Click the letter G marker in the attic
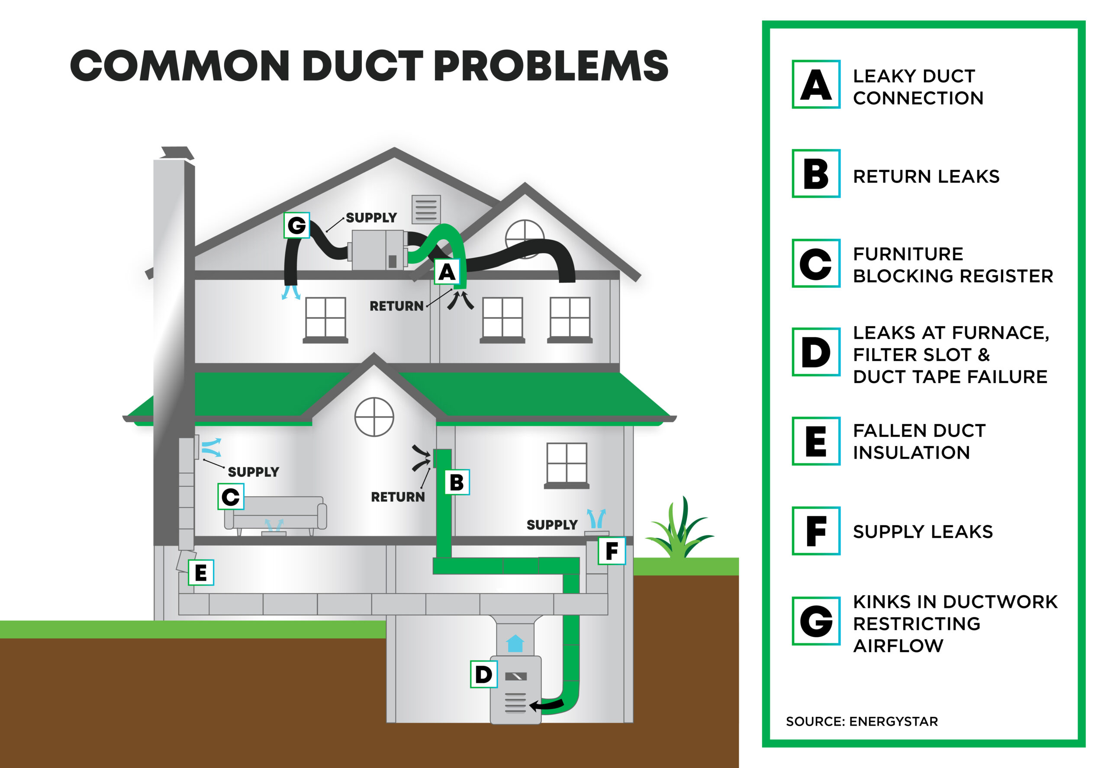point(296,225)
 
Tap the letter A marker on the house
point(447,272)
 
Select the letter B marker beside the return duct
point(456,482)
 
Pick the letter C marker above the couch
point(231,496)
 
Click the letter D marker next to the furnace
point(483,674)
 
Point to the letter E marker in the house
point(200,572)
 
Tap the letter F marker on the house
point(611,551)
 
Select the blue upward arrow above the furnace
point(515,643)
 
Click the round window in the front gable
point(374,417)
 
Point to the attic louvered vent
point(426,209)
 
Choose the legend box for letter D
point(816,352)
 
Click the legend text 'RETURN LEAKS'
point(926,177)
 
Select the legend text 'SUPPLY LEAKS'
point(922,531)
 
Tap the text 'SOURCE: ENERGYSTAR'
point(862,721)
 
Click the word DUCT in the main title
point(362,66)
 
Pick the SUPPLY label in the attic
point(371,218)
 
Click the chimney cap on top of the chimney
point(177,153)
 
